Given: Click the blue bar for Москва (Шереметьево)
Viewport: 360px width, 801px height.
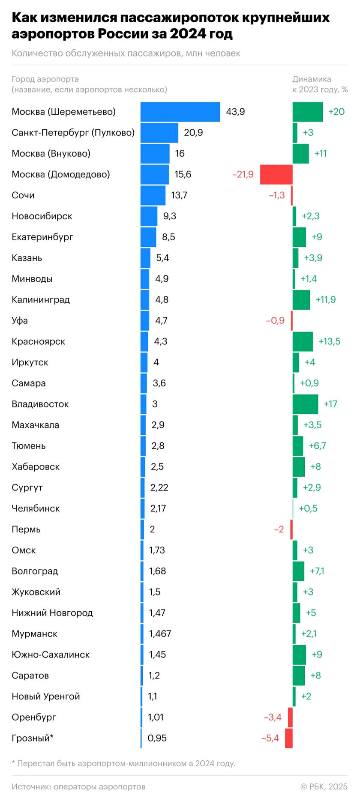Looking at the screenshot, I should coord(180,112).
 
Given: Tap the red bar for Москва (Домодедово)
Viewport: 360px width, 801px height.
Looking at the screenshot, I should coord(276,174).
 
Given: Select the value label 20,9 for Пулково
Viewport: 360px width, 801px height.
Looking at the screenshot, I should coord(193,133).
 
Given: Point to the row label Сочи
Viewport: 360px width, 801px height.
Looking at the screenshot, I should coord(23,195).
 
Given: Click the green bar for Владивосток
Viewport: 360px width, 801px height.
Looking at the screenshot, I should coord(305,404).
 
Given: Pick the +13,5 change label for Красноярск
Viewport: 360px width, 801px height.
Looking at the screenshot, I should coord(329,341).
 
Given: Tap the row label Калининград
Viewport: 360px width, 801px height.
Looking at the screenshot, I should coord(41,300).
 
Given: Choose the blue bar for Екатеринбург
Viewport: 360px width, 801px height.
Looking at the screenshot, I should coord(148,237).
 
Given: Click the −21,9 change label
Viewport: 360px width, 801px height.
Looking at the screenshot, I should coord(243,174).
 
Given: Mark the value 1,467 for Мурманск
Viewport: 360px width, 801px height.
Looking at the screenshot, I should coord(160,634).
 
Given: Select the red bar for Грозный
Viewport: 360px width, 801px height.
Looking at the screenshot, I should coord(289,738).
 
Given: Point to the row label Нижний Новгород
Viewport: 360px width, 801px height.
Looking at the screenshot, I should coord(52,613).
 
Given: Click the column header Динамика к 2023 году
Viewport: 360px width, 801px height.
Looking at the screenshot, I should coord(320,84).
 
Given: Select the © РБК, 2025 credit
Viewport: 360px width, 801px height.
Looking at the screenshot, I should coord(324,786).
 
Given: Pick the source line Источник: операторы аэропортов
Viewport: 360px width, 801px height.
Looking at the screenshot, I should coord(78,786).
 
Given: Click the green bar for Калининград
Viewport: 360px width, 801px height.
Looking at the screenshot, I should coord(301,300).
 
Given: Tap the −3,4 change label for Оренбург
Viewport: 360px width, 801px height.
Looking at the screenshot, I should coord(272,717).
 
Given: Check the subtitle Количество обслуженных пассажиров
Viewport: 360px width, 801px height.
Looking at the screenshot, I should coord(126,54).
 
